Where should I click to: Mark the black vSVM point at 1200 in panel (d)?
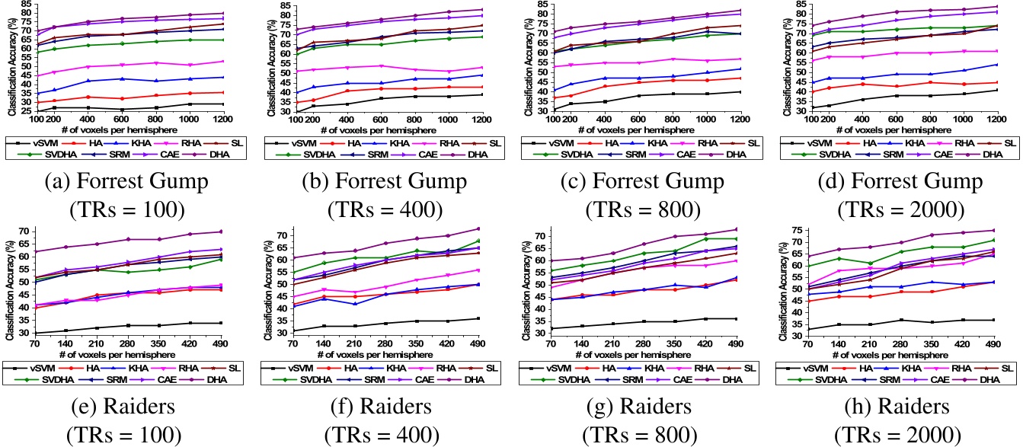pos(997,91)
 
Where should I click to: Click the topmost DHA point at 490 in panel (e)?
pos(222,231)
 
